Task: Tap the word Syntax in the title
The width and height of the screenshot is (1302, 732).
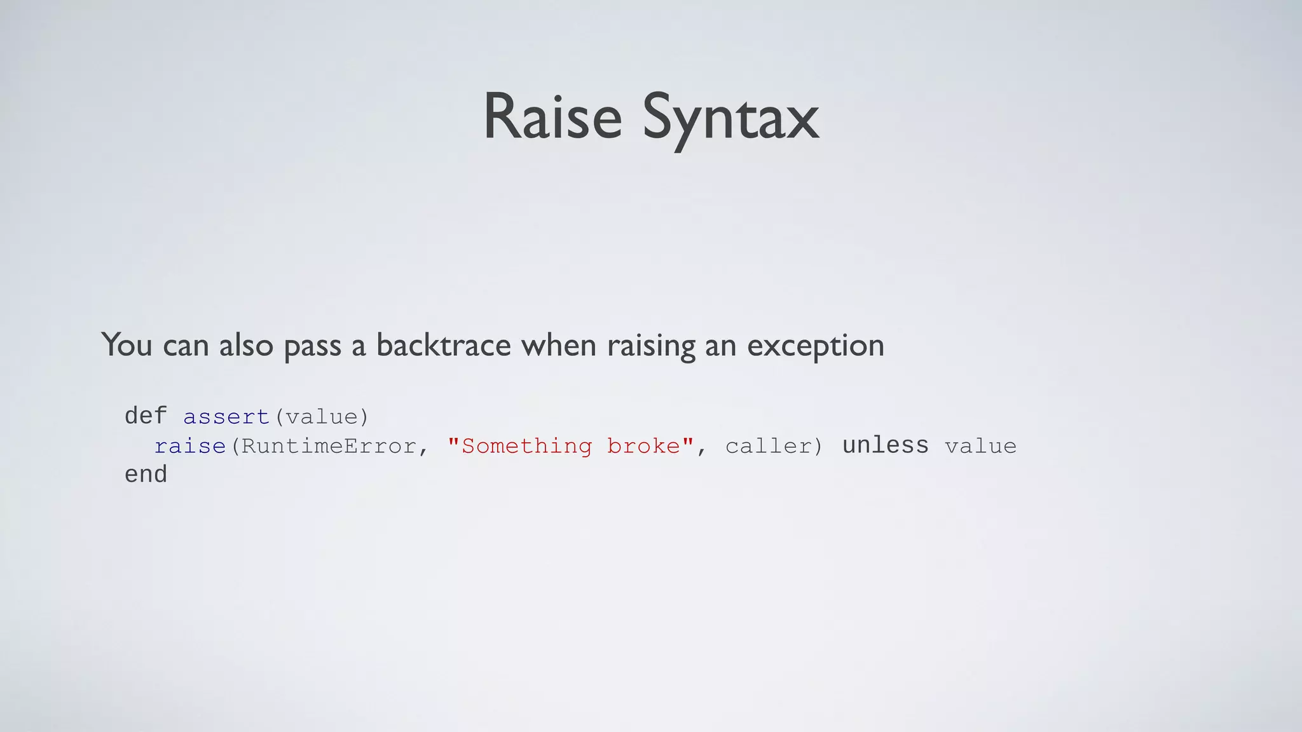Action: pos(730,119)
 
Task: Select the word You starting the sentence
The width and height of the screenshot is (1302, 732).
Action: pos(127,345)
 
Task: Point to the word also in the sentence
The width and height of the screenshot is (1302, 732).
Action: pos(246,345)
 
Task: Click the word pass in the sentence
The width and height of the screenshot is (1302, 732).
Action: pos(312,346)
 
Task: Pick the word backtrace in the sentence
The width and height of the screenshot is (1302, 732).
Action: pos(443,345)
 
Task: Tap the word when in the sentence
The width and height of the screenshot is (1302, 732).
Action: pos(558,345)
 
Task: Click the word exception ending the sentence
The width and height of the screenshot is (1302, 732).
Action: pos(815,346)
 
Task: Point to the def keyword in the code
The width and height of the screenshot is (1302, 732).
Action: pos(146,416)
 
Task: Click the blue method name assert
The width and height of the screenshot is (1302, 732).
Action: pos(226,417)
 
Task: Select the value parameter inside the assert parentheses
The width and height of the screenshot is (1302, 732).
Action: pos(321,417)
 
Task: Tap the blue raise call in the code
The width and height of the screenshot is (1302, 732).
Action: pos(190,446)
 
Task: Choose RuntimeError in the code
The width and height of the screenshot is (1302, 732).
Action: pos(329,446)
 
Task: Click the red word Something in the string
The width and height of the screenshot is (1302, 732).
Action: pos(526,446)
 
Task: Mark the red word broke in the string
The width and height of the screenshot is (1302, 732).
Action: pos(643,446)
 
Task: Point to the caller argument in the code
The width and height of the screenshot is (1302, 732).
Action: pos(767,446)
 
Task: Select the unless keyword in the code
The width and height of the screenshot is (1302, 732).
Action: pos(885,445)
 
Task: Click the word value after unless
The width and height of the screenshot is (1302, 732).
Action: pos(980,446)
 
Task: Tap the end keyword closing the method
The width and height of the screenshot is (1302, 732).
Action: pos(146,475)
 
